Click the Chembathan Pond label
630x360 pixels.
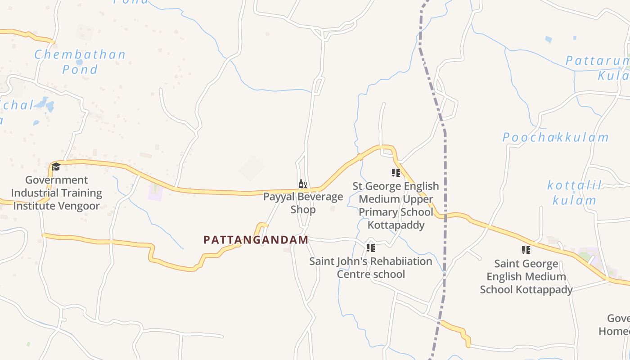pos(80,62)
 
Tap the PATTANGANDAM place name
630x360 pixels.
pos(256,240)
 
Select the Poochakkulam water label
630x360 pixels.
pos(555,137)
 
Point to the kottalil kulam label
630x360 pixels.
pos(574,193)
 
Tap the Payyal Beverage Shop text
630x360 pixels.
pos(303,203)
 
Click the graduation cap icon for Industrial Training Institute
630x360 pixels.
pos(56,167)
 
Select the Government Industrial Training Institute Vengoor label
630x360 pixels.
pos(57,193)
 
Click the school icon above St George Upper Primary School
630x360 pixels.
pos(396,173)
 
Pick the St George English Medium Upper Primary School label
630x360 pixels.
pos(396,206)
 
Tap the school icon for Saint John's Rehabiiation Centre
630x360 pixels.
pos(370,248)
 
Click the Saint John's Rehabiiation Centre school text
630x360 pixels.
pos(370,268)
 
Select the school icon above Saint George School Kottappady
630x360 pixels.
pos(526,250)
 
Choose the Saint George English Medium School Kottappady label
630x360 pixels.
pos(526,276)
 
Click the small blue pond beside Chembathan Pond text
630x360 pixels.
pos(79,62)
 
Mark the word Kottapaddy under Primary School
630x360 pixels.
pos(396,225)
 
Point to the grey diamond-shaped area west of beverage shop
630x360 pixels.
pos(252,168)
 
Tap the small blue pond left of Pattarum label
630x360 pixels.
pos(548,40)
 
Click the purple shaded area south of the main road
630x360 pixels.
pos(155,192)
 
